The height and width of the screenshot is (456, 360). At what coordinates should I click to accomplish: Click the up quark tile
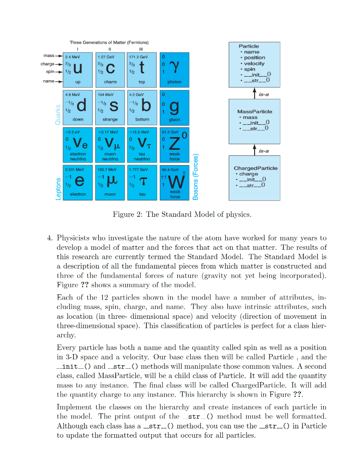(x=77, y=69)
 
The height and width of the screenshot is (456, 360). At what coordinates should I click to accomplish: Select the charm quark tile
(x=110, y=69)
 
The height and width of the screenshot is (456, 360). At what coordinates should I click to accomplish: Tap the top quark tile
(x=142, y=69)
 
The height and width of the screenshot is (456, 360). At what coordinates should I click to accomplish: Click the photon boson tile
(x=174, y=69)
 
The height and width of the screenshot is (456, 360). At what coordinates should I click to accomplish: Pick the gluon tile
(x=174, y=107)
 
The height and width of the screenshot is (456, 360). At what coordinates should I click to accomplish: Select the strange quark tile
(x=110, y=107)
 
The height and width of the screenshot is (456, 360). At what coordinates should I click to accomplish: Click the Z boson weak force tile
(x=174, y=144)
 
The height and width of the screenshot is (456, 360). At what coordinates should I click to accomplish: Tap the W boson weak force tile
(x=174, y=182)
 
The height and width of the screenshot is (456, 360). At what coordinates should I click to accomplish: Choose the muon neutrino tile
(x=110, y=144)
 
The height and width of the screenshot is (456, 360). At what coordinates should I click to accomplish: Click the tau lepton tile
(x=142, y=182)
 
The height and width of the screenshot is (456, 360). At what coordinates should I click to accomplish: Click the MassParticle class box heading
(x=255, y=111)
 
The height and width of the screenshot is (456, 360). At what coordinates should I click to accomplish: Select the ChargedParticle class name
(x=255, y=168)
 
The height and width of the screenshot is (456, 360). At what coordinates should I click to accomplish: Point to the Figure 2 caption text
(x=182, y=215)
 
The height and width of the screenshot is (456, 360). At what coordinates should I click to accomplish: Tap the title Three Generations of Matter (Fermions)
(x=109, y=42)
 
